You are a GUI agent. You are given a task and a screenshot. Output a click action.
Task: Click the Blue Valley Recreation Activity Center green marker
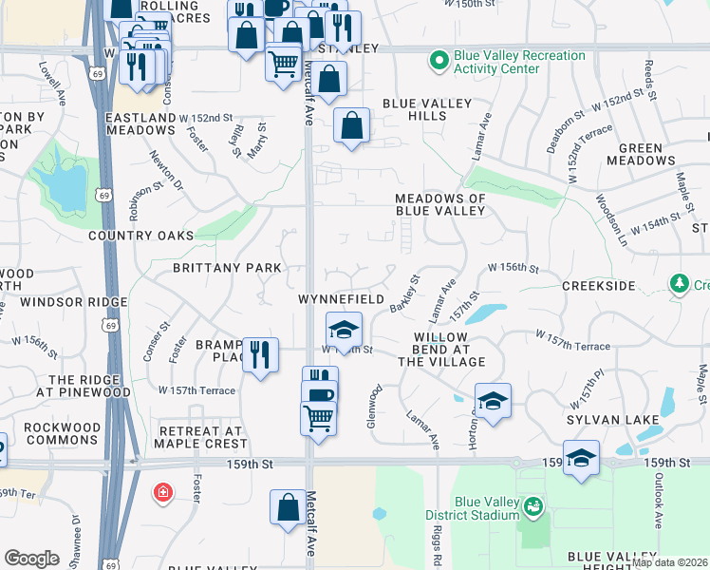tap(439, 63)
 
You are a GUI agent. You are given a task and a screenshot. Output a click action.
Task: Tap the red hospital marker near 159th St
tap(163, 493)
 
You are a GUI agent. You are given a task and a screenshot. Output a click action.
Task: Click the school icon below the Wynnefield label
tap(344, 330)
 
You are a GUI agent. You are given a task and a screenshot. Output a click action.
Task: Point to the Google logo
tap(31, 559)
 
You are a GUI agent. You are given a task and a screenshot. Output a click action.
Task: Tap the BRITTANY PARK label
tap(227, 268)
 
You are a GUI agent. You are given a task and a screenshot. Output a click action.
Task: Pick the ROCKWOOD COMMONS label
tap(61, 433)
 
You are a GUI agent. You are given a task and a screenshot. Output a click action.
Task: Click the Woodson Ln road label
tap(611, 219)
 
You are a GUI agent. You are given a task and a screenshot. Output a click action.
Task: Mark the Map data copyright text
tap(669, 562)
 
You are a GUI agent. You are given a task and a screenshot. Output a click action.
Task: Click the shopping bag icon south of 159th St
tap(288, 507)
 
